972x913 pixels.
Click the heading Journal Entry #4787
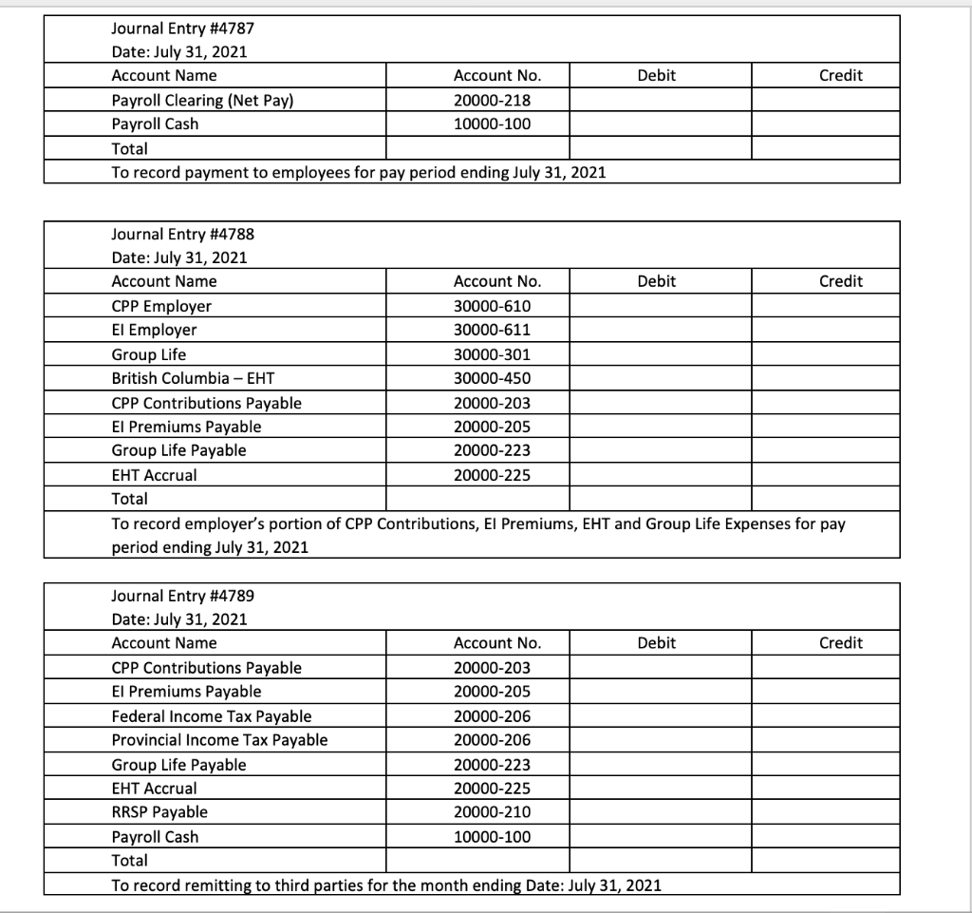click(x=182, y=29)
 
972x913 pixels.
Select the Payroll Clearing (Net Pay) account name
click(x=200, y=100)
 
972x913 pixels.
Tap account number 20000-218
click(x=493, y=100)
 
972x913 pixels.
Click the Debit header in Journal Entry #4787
click(x=657, y=75)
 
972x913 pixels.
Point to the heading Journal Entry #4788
click(x=182, y=234)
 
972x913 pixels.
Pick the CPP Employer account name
click(x=161, y=306)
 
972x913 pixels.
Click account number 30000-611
click(x=493, y=330)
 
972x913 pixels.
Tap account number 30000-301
click(x=493, y=354)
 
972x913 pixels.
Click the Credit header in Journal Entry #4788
click(x=841, y=281)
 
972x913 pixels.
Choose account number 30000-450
click(x=493, y=378)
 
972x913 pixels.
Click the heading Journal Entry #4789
click(x=182, y=596)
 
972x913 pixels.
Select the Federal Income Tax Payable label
click(x=211, y=716)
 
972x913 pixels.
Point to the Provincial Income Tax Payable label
click(x=219, y=740)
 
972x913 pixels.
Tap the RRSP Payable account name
click(x=159, y=812)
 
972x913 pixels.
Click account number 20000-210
click(x=493, y=812)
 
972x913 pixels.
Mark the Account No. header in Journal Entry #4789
click(x=497, y=643)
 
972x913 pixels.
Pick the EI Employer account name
click(x=155, y=330)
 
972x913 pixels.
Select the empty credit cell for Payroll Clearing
click(x=825, y=100)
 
